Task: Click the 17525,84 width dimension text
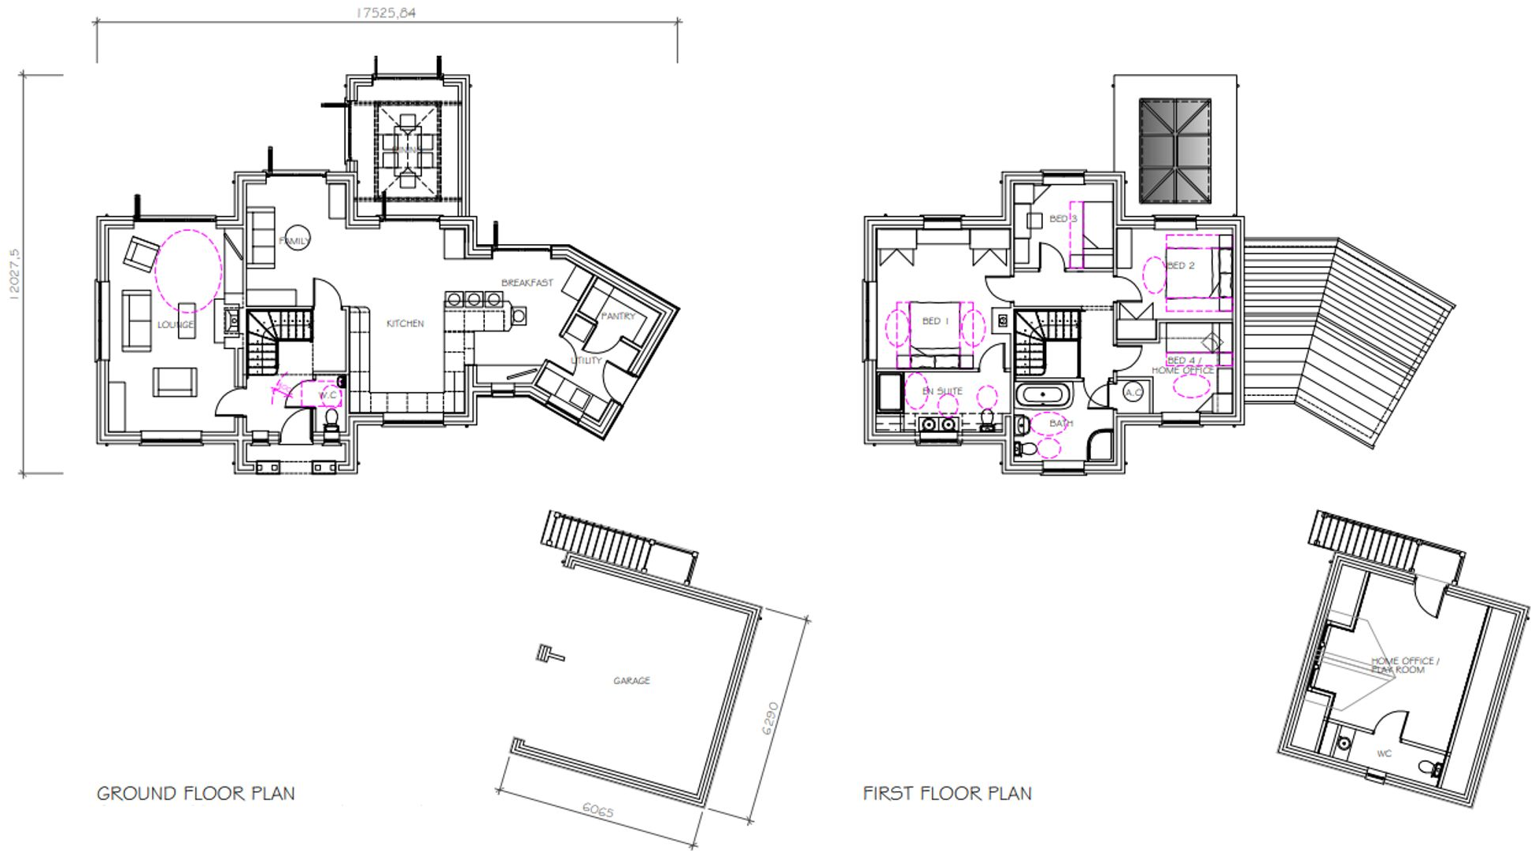click(386, 13)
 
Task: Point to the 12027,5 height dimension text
click(14, 274)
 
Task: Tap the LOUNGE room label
click(175, 324)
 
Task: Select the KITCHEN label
click(405, 324)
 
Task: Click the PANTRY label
click(618, 316)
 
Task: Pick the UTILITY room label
click(586, 361)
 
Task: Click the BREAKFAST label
click(527, 283)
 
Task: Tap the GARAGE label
click(631, 680)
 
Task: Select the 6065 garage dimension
click(597, 810)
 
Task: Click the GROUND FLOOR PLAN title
click(195, 794)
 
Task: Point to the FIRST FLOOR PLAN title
click(947, 794)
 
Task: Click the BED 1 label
click(935, 321)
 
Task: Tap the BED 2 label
click(1180, 265)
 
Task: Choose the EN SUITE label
click(942, 390)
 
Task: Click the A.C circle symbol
click(1133, 392)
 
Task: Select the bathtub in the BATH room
click(1043, 394)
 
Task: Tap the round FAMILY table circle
click(297, 239)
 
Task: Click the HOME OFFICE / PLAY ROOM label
click(1404, 665)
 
